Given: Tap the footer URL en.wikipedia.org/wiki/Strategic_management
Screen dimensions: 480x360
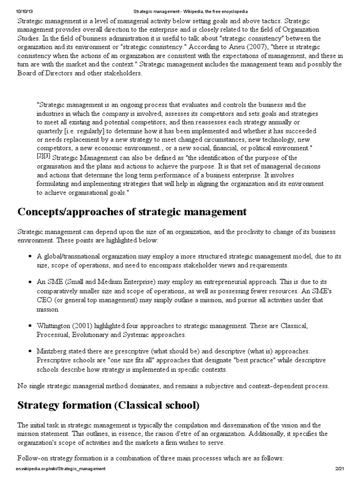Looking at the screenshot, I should point(61,469).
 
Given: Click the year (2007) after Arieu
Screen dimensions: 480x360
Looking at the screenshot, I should point(267,47).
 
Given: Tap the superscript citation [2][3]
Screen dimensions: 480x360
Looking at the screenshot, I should point(44,157).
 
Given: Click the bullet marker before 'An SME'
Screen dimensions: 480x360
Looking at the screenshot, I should point(30,282).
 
